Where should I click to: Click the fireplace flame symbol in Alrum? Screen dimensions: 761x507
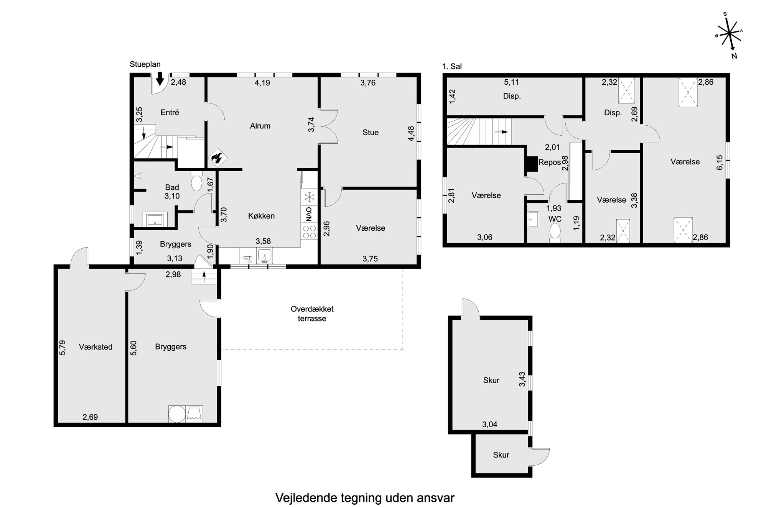coord(217,158)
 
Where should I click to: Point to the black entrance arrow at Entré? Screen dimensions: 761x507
coord(160,78)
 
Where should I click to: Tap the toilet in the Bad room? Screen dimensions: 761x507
coord(196,182)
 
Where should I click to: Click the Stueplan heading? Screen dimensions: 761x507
coord(145,64)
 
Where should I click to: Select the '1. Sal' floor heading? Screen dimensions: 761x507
coord(452,66)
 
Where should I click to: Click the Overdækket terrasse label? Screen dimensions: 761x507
coord(312,313)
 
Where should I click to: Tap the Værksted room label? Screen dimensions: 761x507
coord(96,347)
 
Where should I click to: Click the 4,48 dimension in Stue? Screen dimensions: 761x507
coord(411,133)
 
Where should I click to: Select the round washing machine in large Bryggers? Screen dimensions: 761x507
coord(176,414)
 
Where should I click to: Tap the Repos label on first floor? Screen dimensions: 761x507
coord(549,162)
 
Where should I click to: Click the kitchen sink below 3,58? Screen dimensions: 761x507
coord(264,256)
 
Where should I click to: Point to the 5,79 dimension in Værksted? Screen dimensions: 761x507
coord(63,347)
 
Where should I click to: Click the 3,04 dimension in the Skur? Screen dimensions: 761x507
coord(489,424)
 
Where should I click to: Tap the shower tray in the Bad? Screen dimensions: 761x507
coord(155,220)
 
